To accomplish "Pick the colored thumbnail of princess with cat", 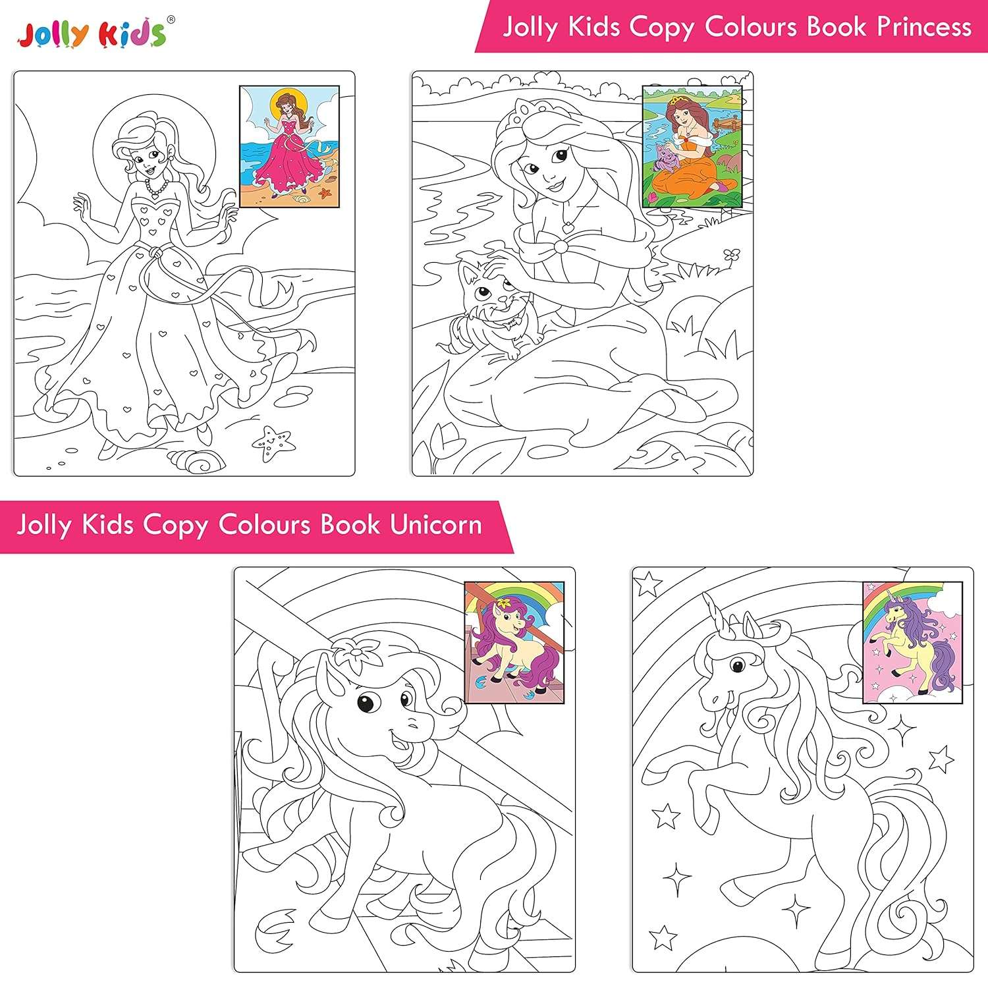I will [692, 146].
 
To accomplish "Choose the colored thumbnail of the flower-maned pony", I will [514, 642].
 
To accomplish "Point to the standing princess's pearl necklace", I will [157, 189].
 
